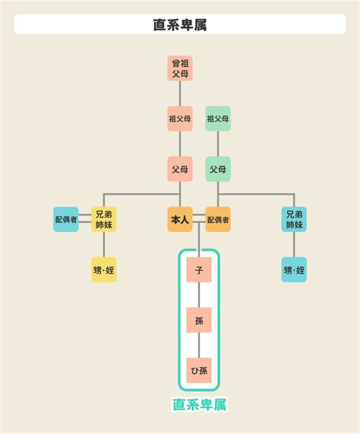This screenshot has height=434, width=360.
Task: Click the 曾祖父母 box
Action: [x=180, y=68]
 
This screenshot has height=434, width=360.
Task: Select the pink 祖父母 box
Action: [x=180, y=118]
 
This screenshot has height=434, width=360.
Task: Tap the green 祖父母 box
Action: [x=218, y=118]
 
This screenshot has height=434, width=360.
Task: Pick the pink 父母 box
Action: [x=180, y=169]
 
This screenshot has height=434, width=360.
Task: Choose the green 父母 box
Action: [x=218, y=169]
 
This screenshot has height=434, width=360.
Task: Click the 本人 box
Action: [x=180, y=219]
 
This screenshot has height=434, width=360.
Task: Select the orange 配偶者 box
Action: [x=218, y=219]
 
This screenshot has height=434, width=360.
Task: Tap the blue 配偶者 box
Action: [x=66, y=219]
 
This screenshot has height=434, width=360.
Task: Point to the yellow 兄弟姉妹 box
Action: [x=104, y=219]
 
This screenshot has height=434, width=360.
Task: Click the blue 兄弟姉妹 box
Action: [x=294, y=219]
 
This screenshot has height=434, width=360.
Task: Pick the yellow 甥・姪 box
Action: [x=104, y=270]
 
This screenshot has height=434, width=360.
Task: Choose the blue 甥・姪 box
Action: [x=294, y=270]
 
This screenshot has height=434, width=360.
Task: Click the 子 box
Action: [x=199, y=270]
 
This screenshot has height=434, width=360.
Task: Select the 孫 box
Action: [x=199, y=320]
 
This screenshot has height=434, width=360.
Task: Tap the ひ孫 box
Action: [x=199, y=370]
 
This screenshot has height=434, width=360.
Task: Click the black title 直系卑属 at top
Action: [x=180, y=24]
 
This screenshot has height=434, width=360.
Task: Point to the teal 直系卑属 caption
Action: [x=199, y=404]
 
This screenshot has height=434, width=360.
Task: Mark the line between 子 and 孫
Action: [x=199, y=295]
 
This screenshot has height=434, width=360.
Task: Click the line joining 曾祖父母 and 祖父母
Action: [x=180, y=93]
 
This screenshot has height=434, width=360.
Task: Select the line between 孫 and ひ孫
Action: [x=199, y=345]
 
